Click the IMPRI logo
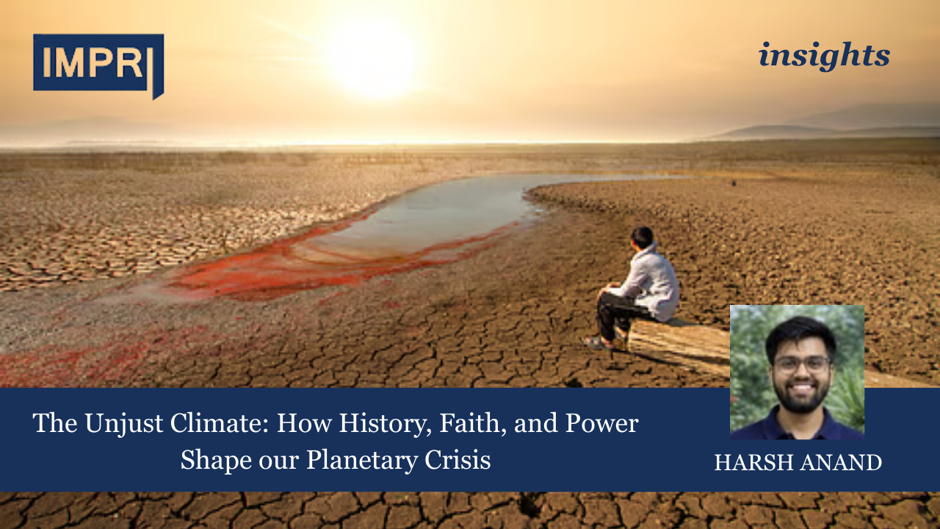coord(97,65)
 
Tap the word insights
coord(824,56)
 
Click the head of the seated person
coord(643,237)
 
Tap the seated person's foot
coord(596,342)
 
